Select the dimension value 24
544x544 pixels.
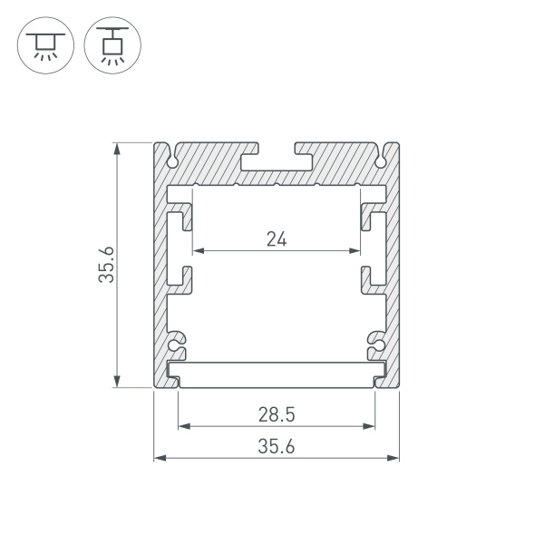click(x=277, y=239)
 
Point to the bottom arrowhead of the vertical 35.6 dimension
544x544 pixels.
click(x=116, y=383)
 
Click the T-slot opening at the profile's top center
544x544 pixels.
click(x=277, y=156)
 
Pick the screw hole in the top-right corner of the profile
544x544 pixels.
click(x=382, y=161)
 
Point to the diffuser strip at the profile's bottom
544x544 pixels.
click(x=277, y=373)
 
